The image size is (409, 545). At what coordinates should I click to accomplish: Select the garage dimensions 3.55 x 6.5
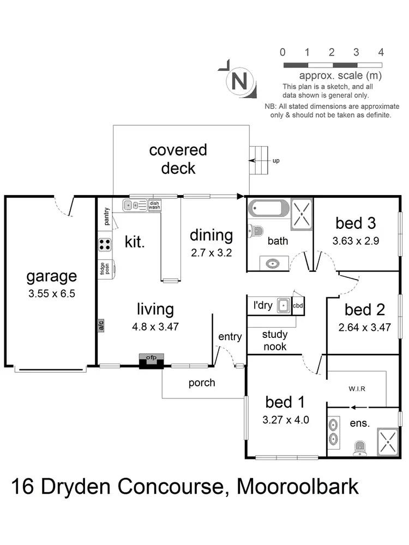52,293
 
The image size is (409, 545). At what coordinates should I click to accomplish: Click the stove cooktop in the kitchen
105,245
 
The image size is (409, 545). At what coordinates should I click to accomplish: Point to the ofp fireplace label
151,358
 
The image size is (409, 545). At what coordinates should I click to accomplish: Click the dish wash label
155,205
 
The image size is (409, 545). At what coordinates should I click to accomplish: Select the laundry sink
282,306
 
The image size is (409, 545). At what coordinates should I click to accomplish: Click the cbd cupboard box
298,306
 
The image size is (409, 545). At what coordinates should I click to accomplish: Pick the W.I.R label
357,389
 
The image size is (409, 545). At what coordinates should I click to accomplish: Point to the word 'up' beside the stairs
276,161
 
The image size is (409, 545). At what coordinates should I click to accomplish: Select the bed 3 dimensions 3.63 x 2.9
356,240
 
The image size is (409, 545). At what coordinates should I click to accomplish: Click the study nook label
275,341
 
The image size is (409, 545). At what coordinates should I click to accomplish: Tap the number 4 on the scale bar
381,52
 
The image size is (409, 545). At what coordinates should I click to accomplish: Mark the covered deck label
178,159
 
